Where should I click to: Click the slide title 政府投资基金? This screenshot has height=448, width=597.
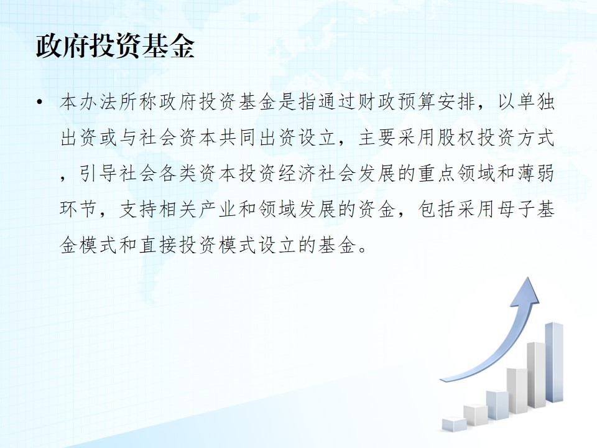pos(116,47)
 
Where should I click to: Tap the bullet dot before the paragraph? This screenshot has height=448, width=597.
pos(39,102)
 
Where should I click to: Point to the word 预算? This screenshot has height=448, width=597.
pos(415,101)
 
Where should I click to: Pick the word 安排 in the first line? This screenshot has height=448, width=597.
pos(455,101)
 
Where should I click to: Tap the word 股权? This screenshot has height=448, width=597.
pos(455,138)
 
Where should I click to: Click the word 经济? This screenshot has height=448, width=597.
pos(297,174)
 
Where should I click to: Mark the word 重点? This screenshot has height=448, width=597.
pos(435,174)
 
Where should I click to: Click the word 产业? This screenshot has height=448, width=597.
pos(218,209)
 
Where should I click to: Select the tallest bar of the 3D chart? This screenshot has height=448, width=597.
pos(554,362)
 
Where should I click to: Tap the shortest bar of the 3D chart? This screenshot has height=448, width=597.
pos(454,424)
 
